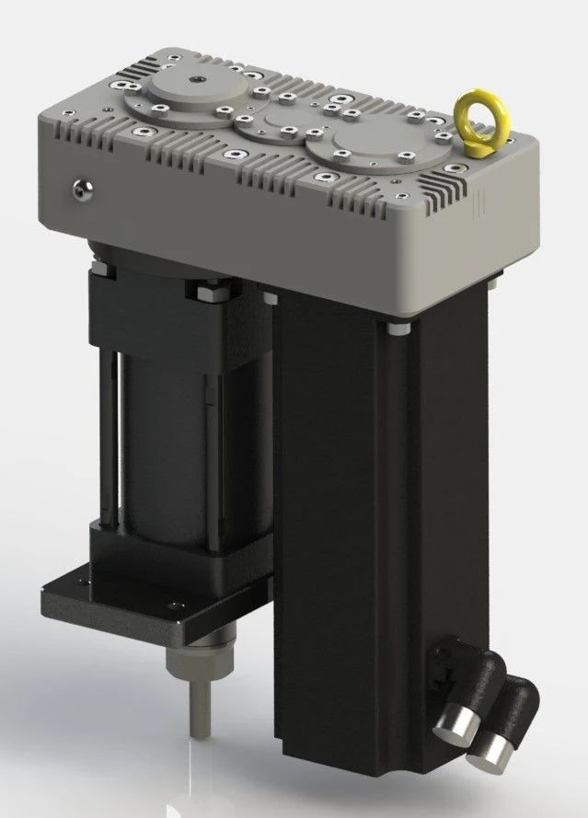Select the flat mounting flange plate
[110, 602]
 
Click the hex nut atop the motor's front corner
[203, 292]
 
